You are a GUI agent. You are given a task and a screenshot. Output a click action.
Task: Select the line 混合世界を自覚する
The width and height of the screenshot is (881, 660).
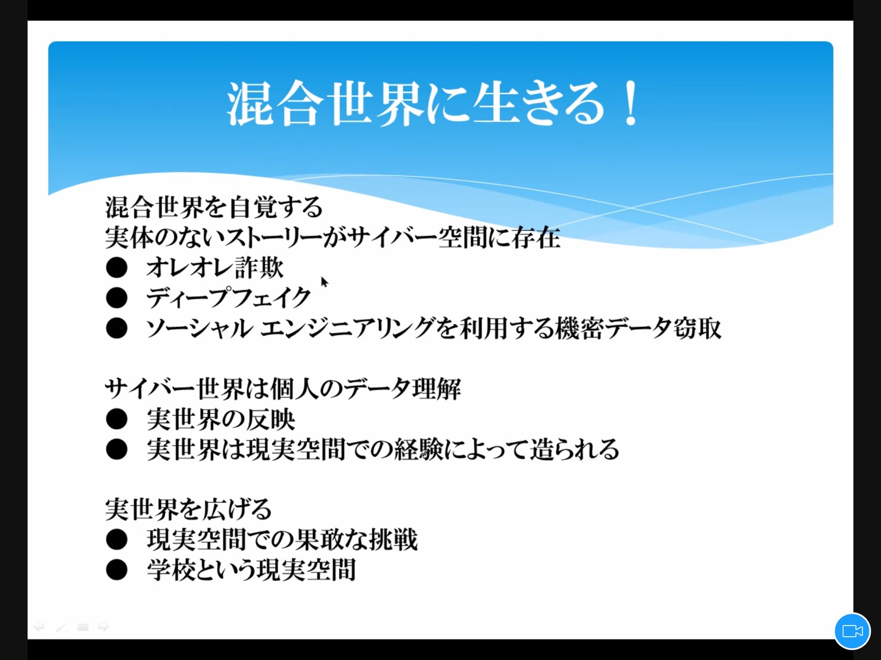click(x=214, y=207)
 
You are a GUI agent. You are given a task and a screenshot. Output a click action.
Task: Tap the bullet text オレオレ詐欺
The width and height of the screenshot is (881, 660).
click(x=215, y=267)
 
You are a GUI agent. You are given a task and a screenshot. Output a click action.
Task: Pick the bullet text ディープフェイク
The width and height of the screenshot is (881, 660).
click(x=228, y=298)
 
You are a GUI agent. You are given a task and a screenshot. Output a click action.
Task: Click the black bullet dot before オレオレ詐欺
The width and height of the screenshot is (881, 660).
click(x=117, y=268)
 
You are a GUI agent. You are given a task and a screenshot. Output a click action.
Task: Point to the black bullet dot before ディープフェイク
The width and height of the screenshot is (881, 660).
click(x=117, y=298)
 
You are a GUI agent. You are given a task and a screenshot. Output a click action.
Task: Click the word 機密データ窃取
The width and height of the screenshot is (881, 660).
click(x=638, y=328)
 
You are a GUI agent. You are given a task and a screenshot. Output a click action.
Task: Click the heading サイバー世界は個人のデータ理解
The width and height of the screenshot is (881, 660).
click(x=283, y=389)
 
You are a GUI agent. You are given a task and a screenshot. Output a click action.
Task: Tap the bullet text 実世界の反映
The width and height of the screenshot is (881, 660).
click(x=221, y=420)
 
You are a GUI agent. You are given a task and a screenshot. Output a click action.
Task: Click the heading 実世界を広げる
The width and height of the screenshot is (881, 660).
click(x=189, y=509)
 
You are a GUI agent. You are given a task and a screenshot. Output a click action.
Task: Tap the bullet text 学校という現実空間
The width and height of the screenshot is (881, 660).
click(x=251, y=570)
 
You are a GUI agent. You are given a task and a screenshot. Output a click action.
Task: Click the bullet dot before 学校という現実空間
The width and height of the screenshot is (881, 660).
click(x=117, y=570)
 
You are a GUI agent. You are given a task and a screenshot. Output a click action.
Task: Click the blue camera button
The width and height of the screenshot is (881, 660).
click(x=852, y=631)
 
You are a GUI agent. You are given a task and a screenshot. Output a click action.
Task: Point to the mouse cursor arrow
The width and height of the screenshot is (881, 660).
click(x=324, y=282)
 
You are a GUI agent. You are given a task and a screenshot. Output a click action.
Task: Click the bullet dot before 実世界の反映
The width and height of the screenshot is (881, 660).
click(x=117, y=420)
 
